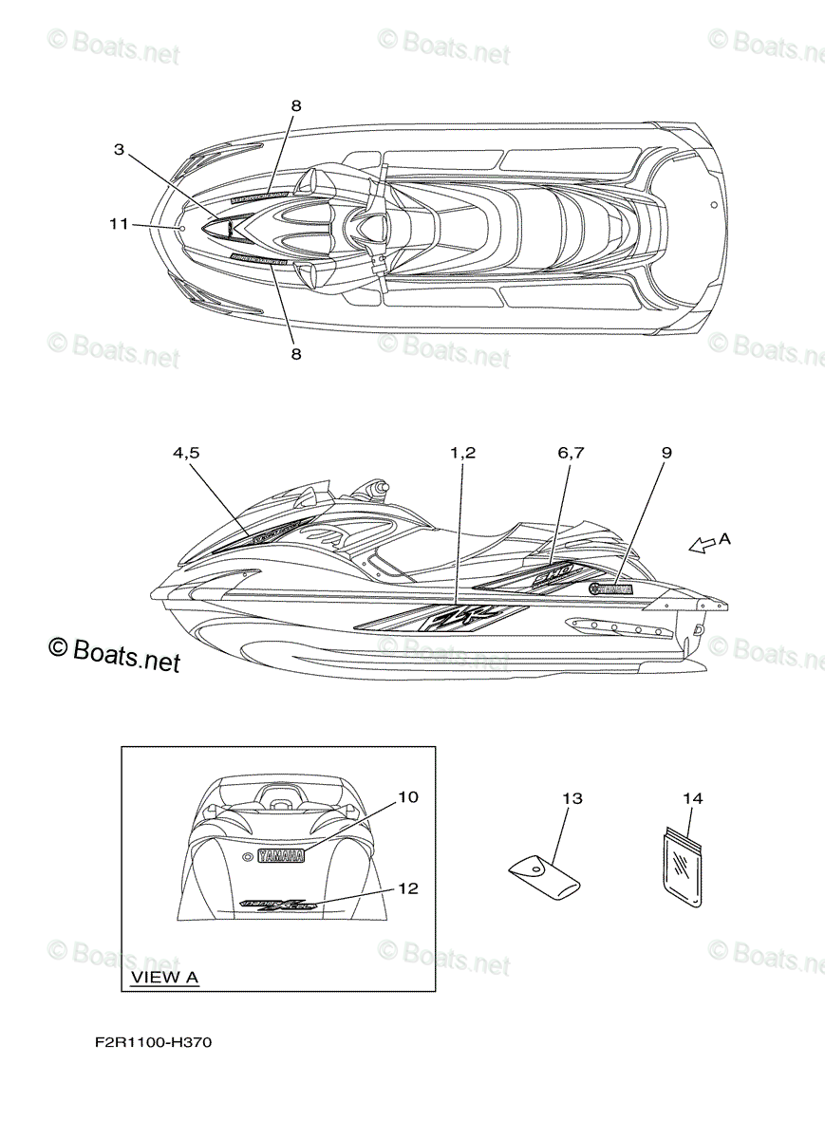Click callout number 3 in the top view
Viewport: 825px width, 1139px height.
click(119, 149)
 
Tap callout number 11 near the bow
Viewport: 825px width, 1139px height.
click(118, 224)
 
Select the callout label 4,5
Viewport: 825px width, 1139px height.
click(186, 453)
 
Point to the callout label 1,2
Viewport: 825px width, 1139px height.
click(462, 453)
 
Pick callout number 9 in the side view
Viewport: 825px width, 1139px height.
click(666, 453)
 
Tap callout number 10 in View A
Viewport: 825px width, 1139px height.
click(407, 797)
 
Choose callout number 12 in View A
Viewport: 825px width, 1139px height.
click(407, 888)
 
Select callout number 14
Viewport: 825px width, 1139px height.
click(693, 799)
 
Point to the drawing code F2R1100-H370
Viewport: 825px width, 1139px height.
click(153, 1043)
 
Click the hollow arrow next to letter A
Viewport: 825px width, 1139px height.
click(702, 545)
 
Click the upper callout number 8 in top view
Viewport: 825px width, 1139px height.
click(295, 106)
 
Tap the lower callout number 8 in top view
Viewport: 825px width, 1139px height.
click(295, 353)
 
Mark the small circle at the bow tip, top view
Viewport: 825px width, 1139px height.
click(181, 228)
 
